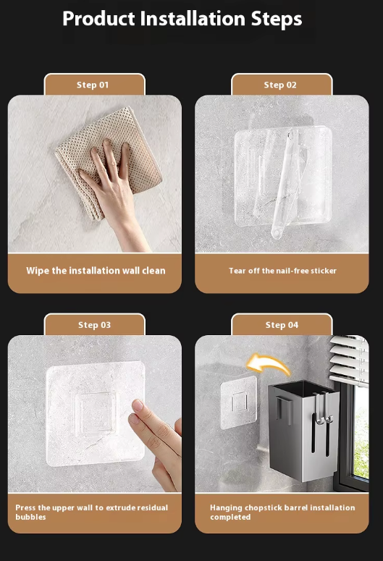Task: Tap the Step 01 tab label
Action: [x=93, y=85]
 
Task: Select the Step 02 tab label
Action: [x=280, y=85]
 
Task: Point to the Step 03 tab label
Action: [x=95, y=325]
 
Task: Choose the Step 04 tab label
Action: [x=282, y=325]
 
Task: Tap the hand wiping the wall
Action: [x=111, y=190]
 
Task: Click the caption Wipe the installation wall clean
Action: [x=96, y=271]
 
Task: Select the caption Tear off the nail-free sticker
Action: [x=282, y=271]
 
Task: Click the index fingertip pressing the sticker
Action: [x=138, y=405]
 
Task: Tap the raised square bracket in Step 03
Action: [x=96, y=411]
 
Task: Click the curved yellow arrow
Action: [x=269, y=364]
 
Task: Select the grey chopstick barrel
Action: [x=303, y=429]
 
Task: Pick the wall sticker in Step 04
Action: [x=239, y=403]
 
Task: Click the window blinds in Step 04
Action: [x=349, y=360]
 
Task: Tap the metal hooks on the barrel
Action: [x=324, y=408]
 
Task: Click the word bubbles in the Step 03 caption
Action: [x=31, y=517]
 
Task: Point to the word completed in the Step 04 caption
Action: [x=230, y=518]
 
